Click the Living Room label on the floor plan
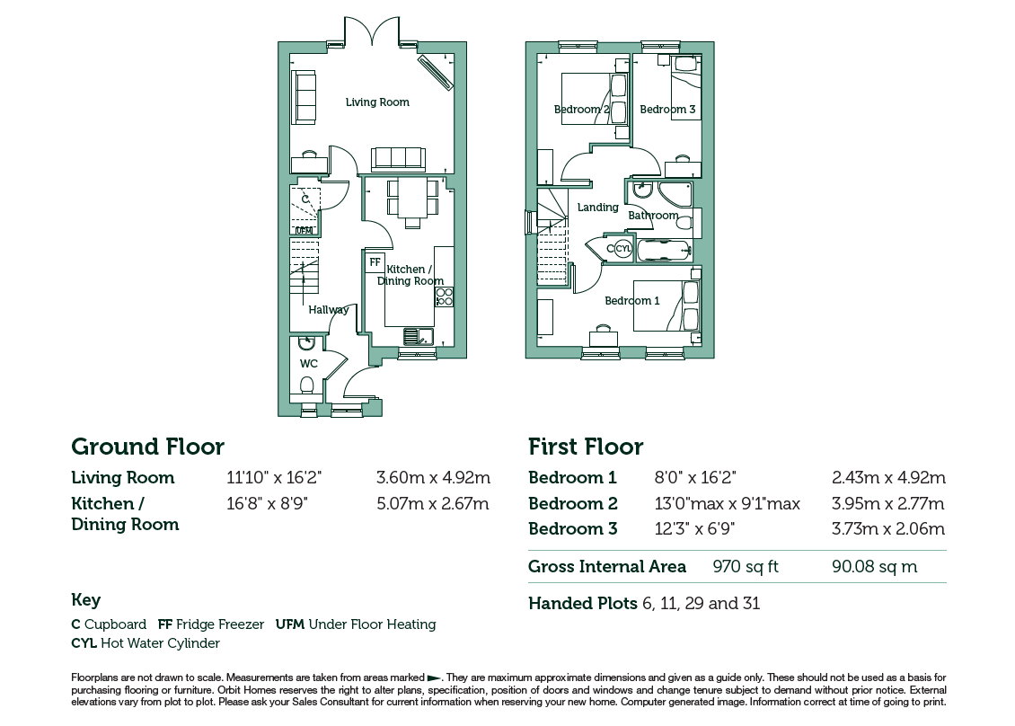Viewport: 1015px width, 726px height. pyautogui.click(x=377, y=102)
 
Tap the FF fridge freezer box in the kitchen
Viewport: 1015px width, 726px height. pyautogui.click(x=375, y=261)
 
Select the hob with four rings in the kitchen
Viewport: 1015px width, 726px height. pyautogui.click(x=444, y=297)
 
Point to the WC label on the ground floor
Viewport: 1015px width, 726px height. pyautogui.click(x=309, y=363)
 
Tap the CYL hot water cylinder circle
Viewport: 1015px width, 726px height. pyautogui.click(x=622, y=248)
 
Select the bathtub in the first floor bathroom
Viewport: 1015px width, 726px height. pyautogui.click(x=664, y=251)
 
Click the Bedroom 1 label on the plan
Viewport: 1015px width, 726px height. pyautogui.click(x=632, y=300)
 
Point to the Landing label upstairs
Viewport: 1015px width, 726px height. pyautogui.click(x=597, y=208)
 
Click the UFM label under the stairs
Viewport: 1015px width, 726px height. pyautogui.click(x=304, y=231)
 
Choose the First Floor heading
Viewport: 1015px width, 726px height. pyautogui.click(x=586, y=447)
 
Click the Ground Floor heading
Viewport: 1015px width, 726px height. pyautogui.click(x=147, y=447)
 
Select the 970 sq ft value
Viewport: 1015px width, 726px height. pyautogui.click(x=745, y=567)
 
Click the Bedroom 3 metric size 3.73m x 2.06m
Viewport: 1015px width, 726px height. pyautogui.click(x=888, y=528)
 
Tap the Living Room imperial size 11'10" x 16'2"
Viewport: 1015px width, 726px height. pyautogui.click(x=274, y=478)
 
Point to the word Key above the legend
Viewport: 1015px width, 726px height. pyautogui.click(x=85, y=600)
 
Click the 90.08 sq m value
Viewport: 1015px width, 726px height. pyautogui.click(x=875, y=567)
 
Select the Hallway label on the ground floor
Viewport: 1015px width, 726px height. pyautogui.click(x=328, y=310)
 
